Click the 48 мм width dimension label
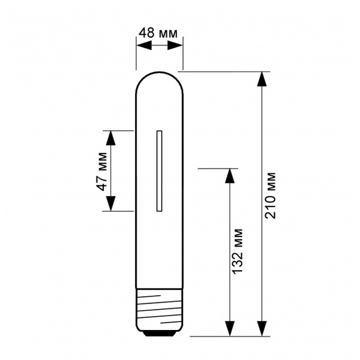point(158,33)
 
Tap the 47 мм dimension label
point(101,171)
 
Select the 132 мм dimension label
point(238,251)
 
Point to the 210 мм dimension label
point(270,195)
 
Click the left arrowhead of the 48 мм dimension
point(144,45)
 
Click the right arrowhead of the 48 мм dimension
point(175,45)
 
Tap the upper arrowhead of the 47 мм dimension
point(111,138)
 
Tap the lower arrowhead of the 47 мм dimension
point(111,203)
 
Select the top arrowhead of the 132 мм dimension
point(230,176)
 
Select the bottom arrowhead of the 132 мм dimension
point(230,329)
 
